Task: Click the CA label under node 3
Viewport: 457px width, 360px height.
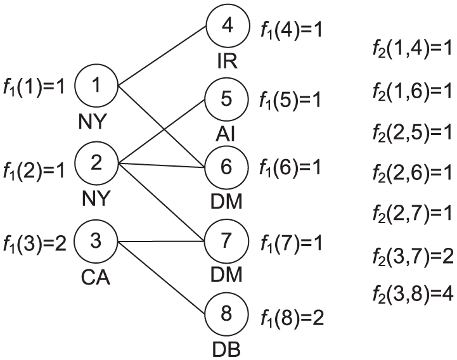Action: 96,278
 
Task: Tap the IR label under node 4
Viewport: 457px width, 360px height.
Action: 228,61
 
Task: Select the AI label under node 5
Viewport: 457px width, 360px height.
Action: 225,134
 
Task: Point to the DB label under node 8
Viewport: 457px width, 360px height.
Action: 226,349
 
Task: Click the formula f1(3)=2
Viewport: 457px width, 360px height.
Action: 34,243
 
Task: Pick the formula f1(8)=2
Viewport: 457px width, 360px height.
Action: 292,318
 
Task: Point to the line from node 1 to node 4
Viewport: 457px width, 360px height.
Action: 162,56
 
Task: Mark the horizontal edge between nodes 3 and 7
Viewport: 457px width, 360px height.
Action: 161,241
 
